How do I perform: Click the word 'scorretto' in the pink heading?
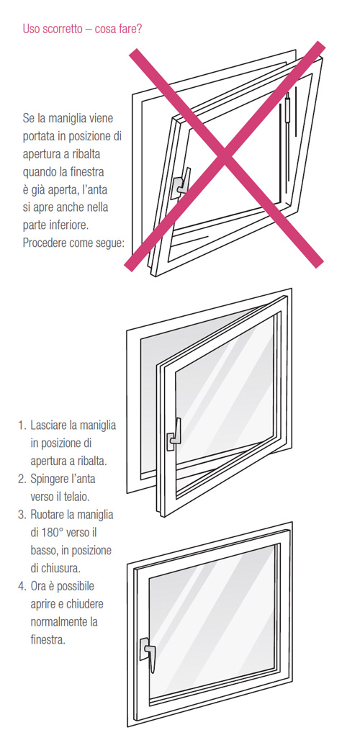pyautogui.click(x=63, y=29)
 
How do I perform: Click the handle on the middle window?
pyautogui.click(x=174, y=434)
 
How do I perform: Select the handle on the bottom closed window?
pyautogui.click(x=148, y=652)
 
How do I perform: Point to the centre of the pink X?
pyautogui.click(x=224, y=156)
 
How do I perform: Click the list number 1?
pyautogui.click(x=22, y=425)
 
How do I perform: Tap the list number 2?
pyautogui.click(x=22, y=479)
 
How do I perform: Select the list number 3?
pyautogui.click(x=22, y=515)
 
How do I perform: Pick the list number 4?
pyautogui.click(x=22, y=586)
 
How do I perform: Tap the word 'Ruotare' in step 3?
pyautogui.click(x=48, y=515)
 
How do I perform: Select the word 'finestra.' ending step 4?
pyautogui.click(x=48, y=640)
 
